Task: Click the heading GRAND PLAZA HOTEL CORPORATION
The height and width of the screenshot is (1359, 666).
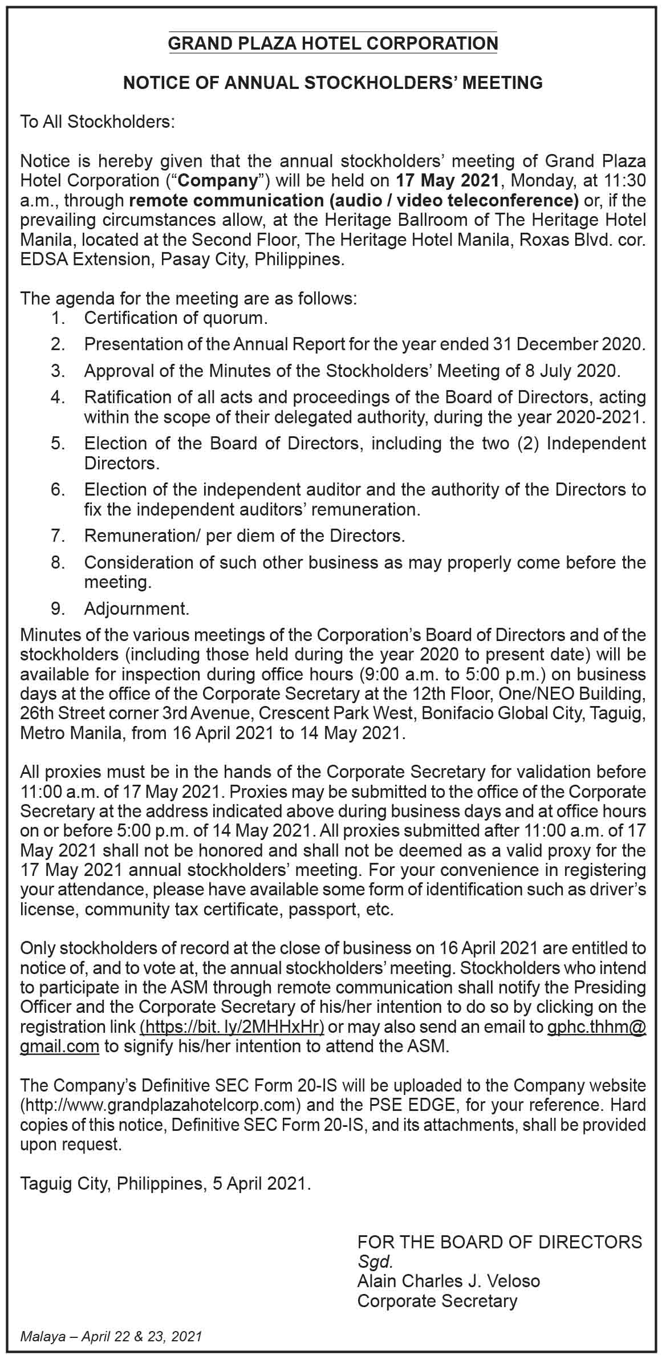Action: (333, 43)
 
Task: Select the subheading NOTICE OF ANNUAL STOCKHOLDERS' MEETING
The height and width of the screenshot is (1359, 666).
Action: (333, 83)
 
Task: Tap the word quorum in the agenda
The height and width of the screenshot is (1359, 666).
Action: (237, 318)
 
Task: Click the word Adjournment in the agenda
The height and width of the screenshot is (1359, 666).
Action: (136, 609)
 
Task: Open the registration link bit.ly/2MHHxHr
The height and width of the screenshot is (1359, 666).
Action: (233, 1027)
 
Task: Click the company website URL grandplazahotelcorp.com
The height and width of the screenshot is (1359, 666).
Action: (160, 1105)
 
